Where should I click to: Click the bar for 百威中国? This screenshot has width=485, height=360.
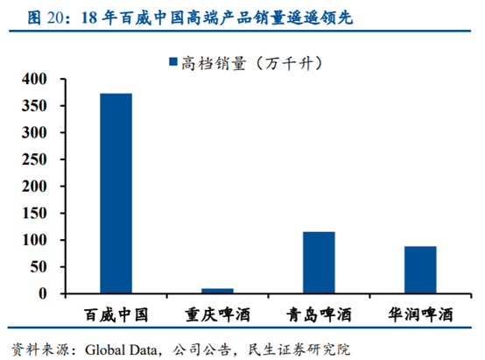[x=116, y=193]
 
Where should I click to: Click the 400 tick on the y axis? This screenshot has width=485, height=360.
[x=40, y=79]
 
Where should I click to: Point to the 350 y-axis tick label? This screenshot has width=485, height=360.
[x=40, y=106]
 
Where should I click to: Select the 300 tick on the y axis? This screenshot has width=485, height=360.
[x=40, y=132]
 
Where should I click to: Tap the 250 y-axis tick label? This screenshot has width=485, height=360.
[x=40, y=159]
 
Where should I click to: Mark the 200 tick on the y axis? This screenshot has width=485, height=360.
[x=40, y=186]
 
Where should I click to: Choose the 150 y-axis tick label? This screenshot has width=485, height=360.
[x=40, y=213]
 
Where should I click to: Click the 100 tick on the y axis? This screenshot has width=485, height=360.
[x=40, y=240]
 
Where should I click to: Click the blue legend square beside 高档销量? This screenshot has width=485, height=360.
[x=172, y=62]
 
